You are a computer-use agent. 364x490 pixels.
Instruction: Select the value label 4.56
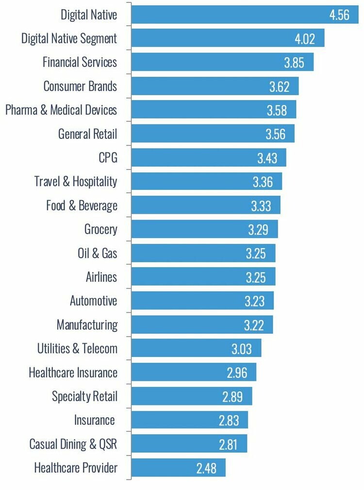pos(339,15)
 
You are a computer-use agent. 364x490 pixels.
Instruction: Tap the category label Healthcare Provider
pos(76,468)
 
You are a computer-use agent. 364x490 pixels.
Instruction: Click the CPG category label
pos(108,158)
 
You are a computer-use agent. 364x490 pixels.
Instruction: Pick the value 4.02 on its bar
pos(304,38)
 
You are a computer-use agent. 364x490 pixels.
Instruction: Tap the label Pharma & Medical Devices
pos(61,110)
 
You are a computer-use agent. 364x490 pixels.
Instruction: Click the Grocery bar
pos(204,229)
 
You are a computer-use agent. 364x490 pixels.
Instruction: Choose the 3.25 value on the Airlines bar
pos(255,277)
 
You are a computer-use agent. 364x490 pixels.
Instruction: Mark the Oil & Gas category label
pos(97,253)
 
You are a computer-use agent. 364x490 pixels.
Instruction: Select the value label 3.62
pos(279,86)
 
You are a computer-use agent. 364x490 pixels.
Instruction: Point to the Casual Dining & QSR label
pos(73,444)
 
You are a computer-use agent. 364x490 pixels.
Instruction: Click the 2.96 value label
pos(236,372)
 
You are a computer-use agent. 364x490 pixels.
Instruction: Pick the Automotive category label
pos(93,301)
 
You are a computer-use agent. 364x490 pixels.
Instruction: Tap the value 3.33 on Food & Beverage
pos(261,205)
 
